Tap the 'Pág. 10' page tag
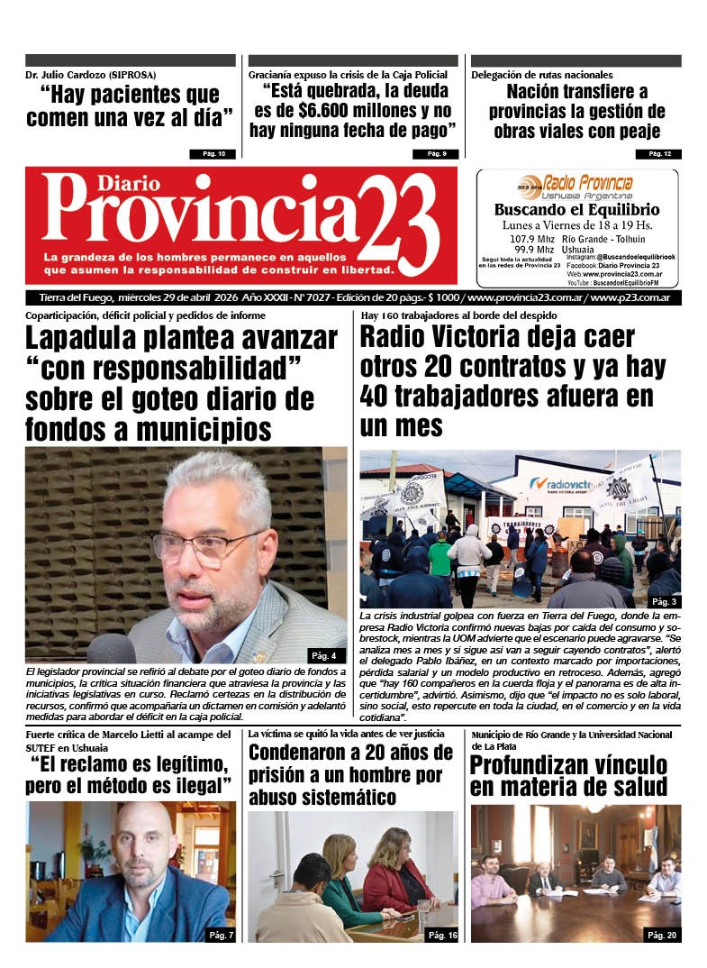[x=213, y=154]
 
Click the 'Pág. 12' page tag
[x=659, y=154]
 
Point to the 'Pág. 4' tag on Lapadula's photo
[x=323, y=655]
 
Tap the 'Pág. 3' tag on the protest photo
[x=665, y=601]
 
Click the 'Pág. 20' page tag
[x=661, y=936]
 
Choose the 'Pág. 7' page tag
[x=220, y=936]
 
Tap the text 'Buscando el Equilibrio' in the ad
[x=576, y=209]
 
